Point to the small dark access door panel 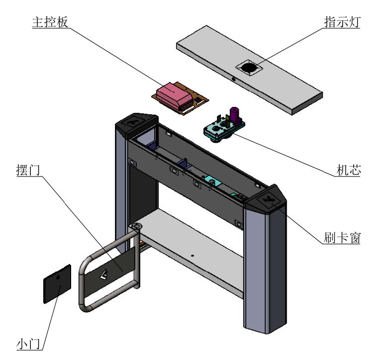click(x=57, y=283)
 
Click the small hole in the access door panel click(x=58, y=277)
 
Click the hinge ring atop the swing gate click(x=135, y=227)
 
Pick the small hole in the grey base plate click(x=193, y=256)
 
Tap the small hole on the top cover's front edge click(x=233, y=79)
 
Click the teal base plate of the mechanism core click(x=219, y=130)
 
